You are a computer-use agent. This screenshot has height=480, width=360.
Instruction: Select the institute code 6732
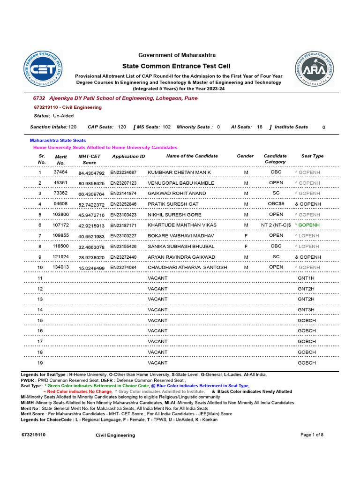click(x=39, y=98)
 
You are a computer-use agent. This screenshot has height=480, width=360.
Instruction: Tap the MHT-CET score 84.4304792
click(x=91, y=173)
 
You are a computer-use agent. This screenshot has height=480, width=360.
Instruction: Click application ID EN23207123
click(x=123, y=183)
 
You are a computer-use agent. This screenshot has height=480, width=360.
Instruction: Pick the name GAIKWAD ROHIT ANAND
click(x=177, y=193)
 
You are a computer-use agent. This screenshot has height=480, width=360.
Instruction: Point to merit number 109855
click(x=60, y=235)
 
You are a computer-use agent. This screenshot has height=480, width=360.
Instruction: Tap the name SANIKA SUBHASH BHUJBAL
click(x=181, y=246)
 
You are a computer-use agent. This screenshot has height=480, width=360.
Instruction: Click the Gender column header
click(x=245, y=156)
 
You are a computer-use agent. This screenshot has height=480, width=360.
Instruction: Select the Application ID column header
click(x=128, y=157)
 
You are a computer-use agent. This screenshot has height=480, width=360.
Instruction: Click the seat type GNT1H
click(x=306, y=278)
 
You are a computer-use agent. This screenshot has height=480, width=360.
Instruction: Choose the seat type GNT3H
click(x=306, y=310)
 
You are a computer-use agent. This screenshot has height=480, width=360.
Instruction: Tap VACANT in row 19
click(x=157, y=363)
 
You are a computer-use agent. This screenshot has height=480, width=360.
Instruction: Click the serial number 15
click(x=40, y=320)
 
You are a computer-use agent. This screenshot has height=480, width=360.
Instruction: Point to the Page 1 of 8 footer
click(x=312, y=435)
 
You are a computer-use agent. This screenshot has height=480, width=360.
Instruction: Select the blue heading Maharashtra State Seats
click(x=58, y=140)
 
